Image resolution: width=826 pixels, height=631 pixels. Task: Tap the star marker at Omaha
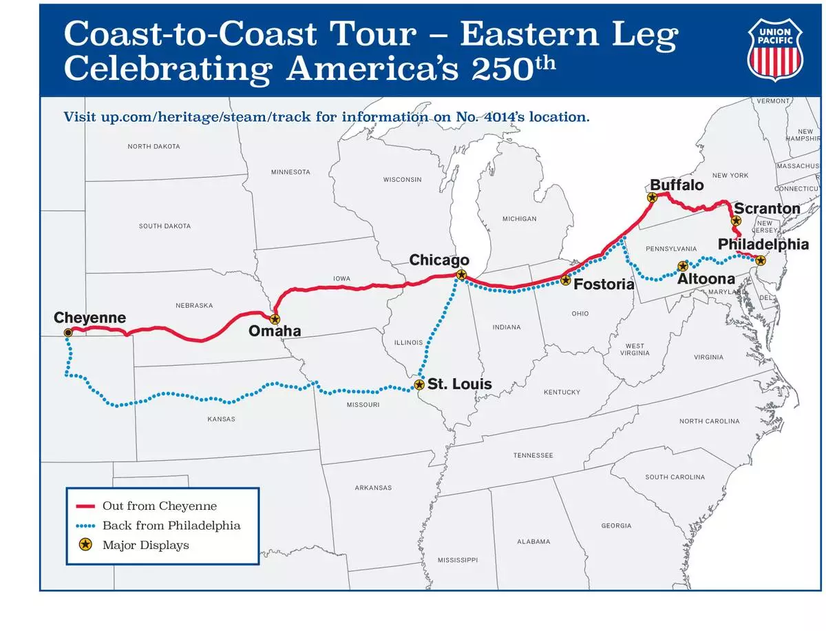[x=275, y=319]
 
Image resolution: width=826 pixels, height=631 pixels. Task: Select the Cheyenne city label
[x=89, y=318]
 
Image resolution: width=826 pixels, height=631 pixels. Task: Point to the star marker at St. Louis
[x=419, y=384]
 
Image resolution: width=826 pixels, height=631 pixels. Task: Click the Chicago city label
[x=439, y=260]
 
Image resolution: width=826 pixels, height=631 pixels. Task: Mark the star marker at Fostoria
[x=565, y=280]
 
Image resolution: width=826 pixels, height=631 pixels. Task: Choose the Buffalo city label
[x=677, y=185]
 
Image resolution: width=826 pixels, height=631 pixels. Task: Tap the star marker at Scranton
[x=736, y=221]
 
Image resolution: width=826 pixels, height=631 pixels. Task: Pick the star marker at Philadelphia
[x=760, y=260]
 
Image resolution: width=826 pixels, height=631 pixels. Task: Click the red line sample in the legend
[x=85, y=506]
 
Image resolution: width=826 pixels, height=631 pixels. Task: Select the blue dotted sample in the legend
[x=85, y=526]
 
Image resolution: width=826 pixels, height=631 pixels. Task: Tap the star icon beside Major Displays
[x=85, y=545]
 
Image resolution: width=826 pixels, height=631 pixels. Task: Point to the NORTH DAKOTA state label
[x=153, y=146]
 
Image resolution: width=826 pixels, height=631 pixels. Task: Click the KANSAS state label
[x=221, y=419]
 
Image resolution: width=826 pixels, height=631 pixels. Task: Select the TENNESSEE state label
[x=533, y=455]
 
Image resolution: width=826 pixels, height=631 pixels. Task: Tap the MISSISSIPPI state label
[x=457, y=560]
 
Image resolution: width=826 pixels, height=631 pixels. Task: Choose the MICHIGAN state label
[x=519, y=218]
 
